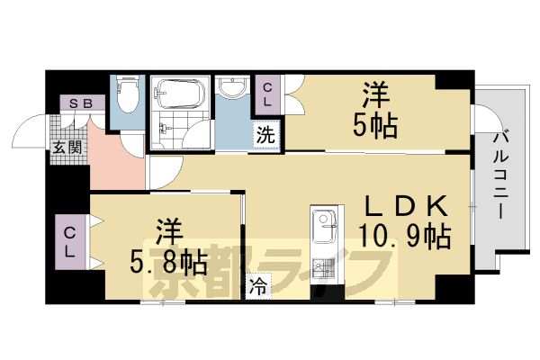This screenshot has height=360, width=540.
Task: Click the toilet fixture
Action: pyautogui.click(x=127, y=94)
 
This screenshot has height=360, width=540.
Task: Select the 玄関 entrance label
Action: pyautogui.click(x=67, y=146)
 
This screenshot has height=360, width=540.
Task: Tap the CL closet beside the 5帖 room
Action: pyautogui.click(x=268, y=94)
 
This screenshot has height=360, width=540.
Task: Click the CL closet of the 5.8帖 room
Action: pyautogui.click(x=70, y=242)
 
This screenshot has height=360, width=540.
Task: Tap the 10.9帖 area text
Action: pyautogui.click(x=406, y=238)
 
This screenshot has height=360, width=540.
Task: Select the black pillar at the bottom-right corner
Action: pyautogui.click(x=451, y=289)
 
